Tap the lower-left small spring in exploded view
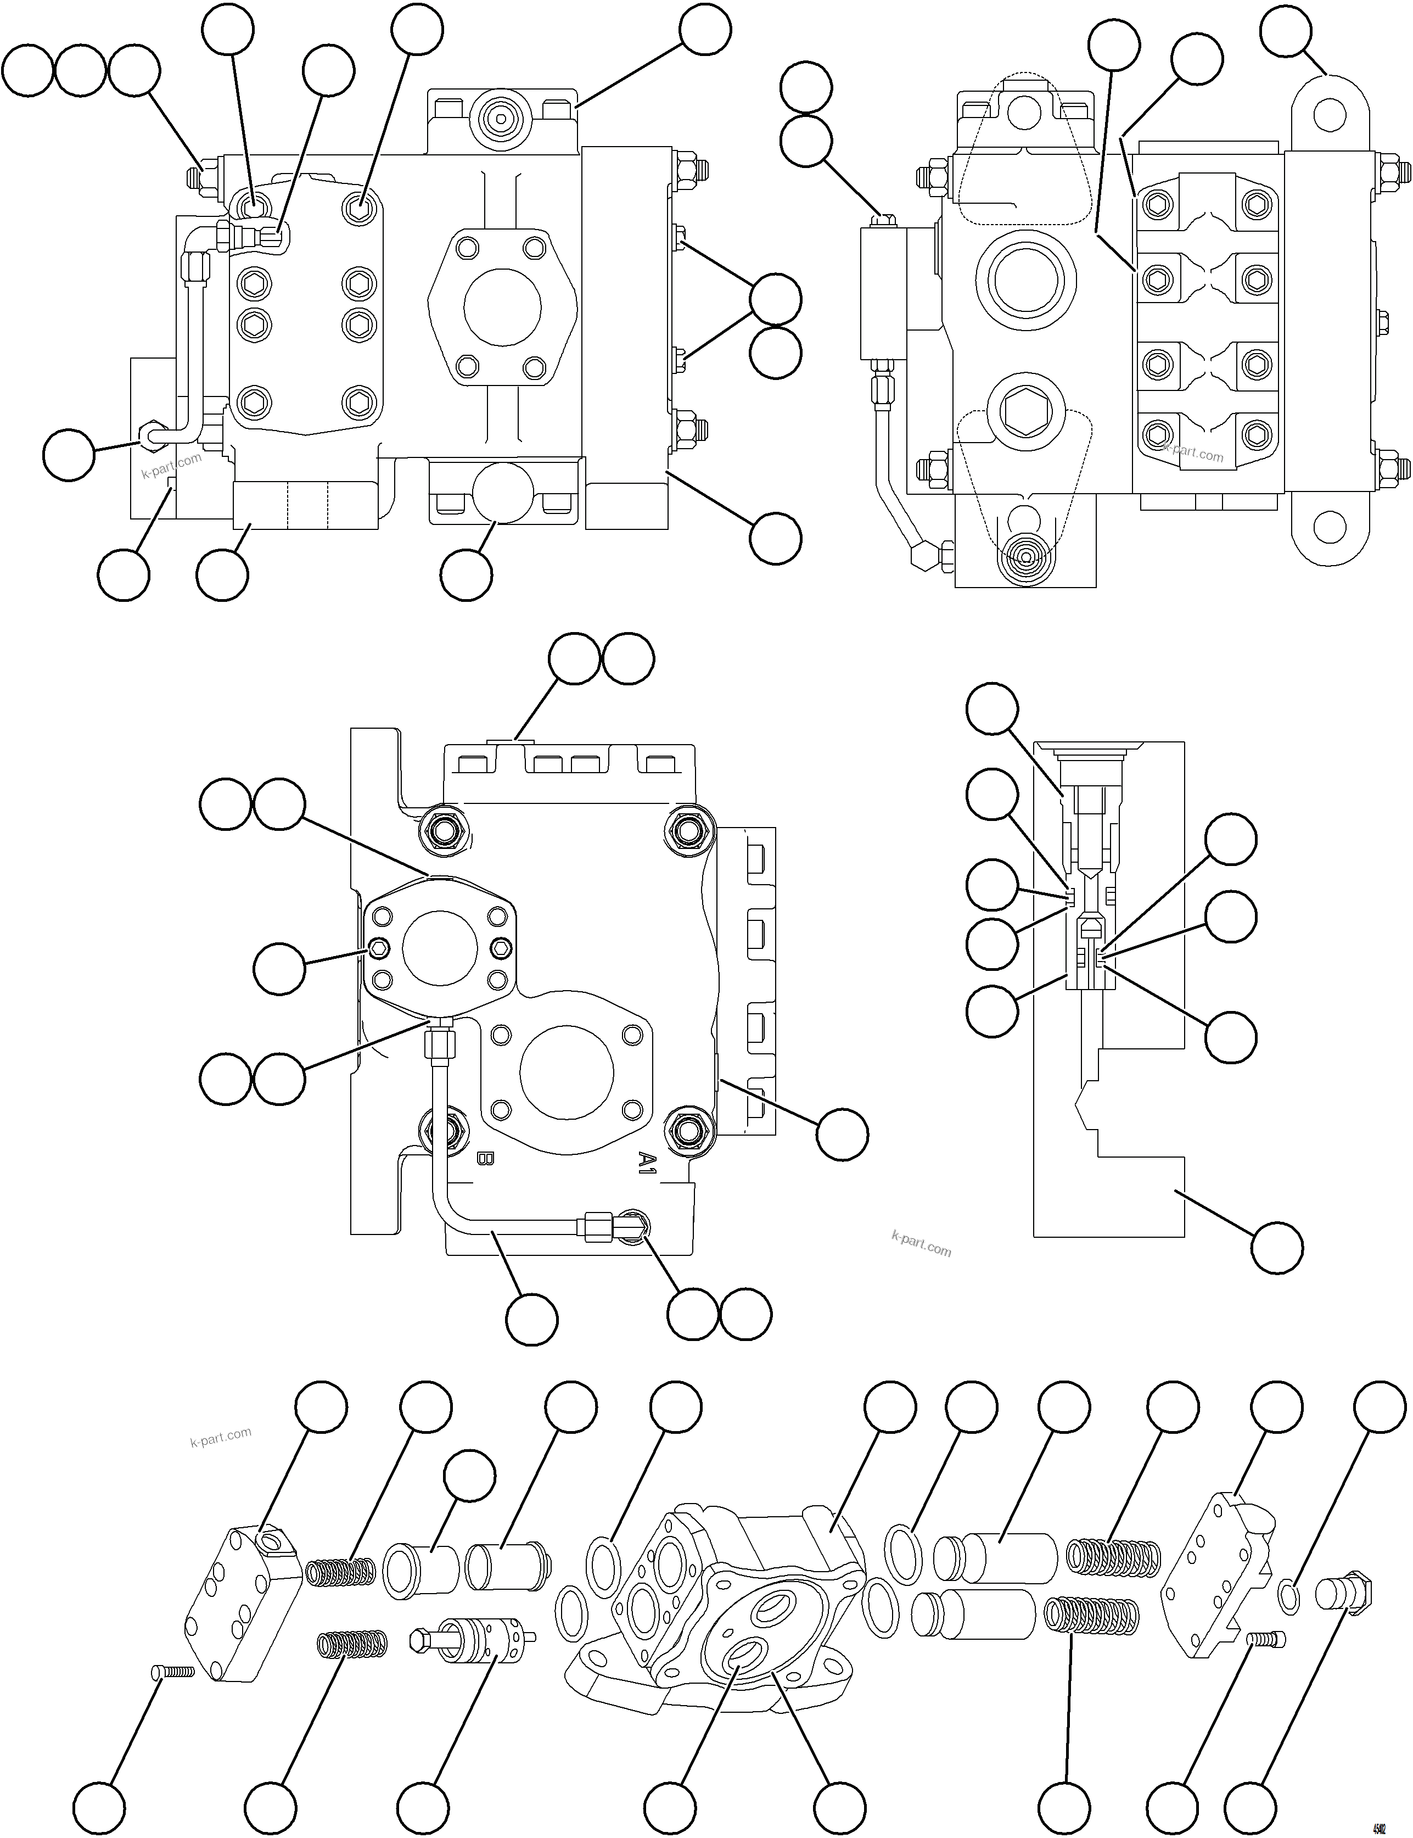[351, 1642]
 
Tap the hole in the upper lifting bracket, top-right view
[1329, 114]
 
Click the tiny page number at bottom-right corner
[1380, 1822]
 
